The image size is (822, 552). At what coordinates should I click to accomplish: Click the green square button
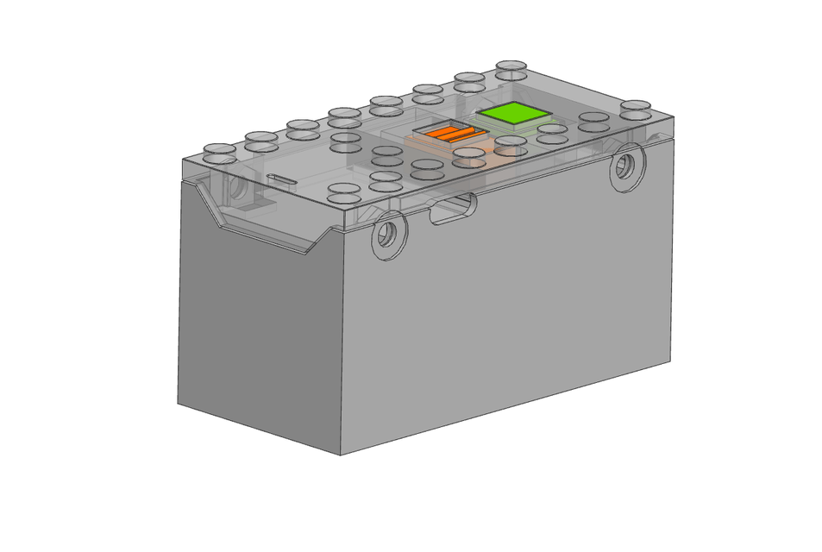[x=514, y=114]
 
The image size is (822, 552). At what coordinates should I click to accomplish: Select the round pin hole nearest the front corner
[x=389, y=233]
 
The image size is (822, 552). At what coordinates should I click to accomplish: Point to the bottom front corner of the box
[x=340, y=455]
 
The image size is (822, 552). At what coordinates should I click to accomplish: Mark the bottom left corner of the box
[x=178, y=403]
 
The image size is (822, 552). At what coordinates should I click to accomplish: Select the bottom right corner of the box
[x=671, y=361]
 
